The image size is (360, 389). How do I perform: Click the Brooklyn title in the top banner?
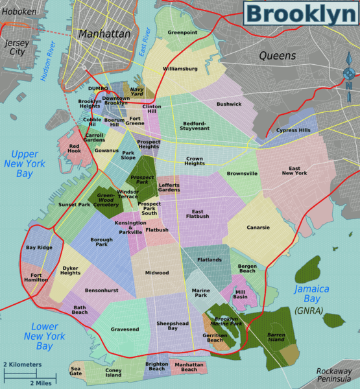click(301, 14)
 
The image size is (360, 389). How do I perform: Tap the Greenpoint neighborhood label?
click(182, 32)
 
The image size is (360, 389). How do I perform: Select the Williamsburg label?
click(180, 68)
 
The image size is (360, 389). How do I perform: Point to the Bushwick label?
click(229, 104)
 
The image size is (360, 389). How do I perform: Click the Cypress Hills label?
click(293, 130)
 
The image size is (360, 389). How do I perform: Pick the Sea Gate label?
click(77, 371)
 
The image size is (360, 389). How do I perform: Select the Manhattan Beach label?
click(189, 367)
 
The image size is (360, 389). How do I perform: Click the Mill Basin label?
click(240, 294)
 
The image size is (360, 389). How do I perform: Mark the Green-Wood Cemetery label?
click(105, 199)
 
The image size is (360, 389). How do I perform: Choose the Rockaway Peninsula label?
click(337, 375)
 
